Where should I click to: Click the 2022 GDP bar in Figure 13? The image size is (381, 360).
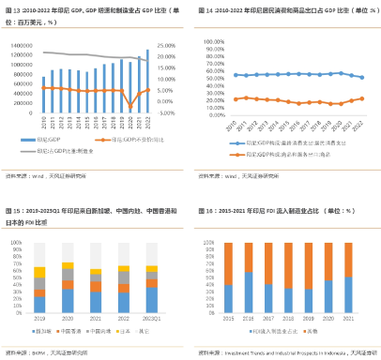pyautogui.click(x=147, y=79)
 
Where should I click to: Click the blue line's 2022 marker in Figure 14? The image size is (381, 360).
pyautogui.click(x=361, y=77)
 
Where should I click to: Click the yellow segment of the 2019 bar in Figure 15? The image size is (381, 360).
pyautogui.click(x=39, y=272)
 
